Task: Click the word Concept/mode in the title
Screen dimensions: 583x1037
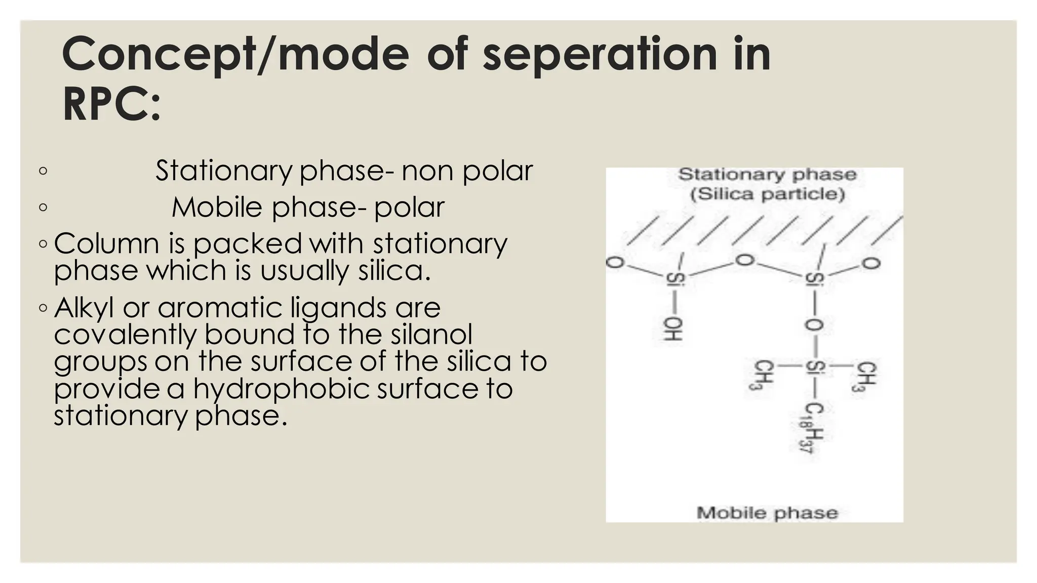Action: pos(235,55)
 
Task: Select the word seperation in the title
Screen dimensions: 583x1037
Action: pos(600,55)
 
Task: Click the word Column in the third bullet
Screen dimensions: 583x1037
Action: pos(106,243)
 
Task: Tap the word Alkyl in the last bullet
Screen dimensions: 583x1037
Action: pos(84,308)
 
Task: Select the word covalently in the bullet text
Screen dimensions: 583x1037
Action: pos(125,335)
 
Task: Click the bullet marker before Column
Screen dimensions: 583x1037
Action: pos(43,244)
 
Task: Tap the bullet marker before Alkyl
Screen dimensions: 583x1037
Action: pos(43,308)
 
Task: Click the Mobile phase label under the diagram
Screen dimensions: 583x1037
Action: pos(767,513)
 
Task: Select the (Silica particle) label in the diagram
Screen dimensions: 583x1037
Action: pos(768,194)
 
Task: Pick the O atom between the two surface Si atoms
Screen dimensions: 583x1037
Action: pos(744,261)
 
